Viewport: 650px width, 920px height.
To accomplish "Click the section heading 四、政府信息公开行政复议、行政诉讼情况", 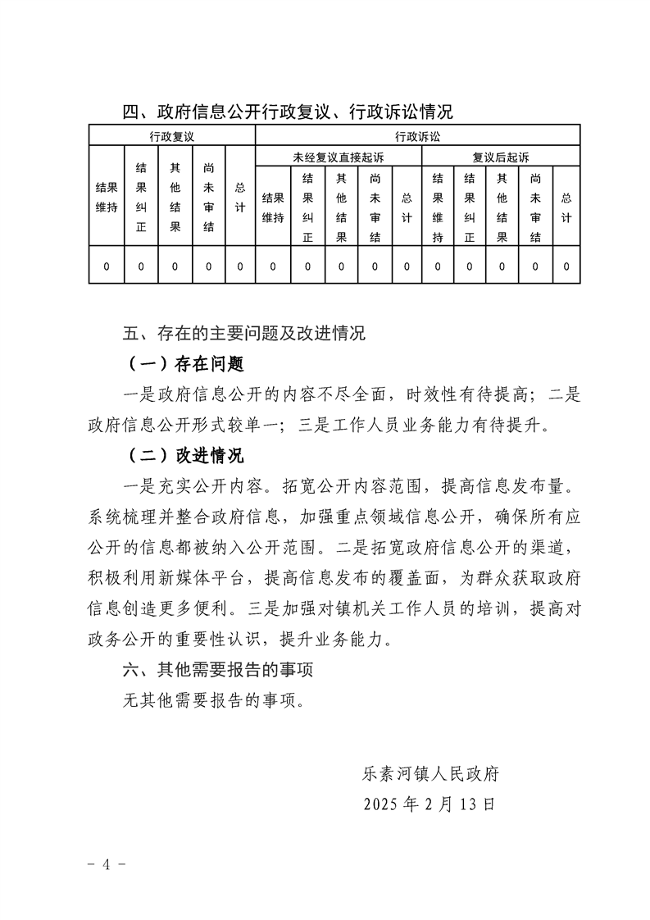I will point(288,112).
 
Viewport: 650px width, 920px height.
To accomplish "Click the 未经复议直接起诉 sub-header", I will point(338,157).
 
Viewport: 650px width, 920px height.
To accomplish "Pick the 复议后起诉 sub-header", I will point(500,157).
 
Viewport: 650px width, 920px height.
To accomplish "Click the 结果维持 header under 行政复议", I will point(107,197).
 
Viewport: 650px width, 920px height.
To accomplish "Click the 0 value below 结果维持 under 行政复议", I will point(107,266).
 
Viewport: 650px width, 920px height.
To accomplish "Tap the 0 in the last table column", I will point(566,266).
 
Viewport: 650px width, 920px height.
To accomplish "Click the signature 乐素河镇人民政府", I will point(431,773).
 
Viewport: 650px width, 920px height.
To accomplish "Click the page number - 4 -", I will point(106,865).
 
